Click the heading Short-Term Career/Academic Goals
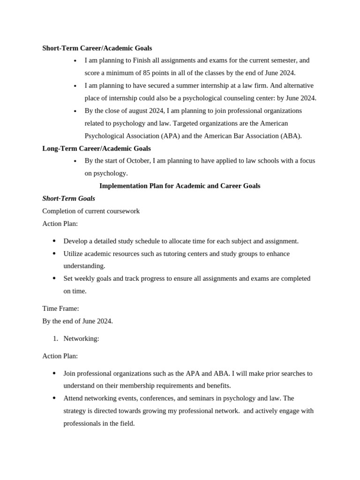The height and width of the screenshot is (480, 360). point(97,48)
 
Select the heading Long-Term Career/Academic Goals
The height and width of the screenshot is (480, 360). point(97,149)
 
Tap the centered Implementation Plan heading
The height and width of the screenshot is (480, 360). point(180,186)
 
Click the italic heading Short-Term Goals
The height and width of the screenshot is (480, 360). point(68,199)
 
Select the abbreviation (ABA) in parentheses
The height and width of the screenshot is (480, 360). point(291,136)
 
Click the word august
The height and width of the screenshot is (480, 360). point(134,111)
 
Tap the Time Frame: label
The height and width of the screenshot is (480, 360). point(60,309)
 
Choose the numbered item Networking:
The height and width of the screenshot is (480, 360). point(81,339)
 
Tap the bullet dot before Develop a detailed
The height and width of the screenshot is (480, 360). point(54,241)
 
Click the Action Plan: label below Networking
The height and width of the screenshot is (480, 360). point(60,356)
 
